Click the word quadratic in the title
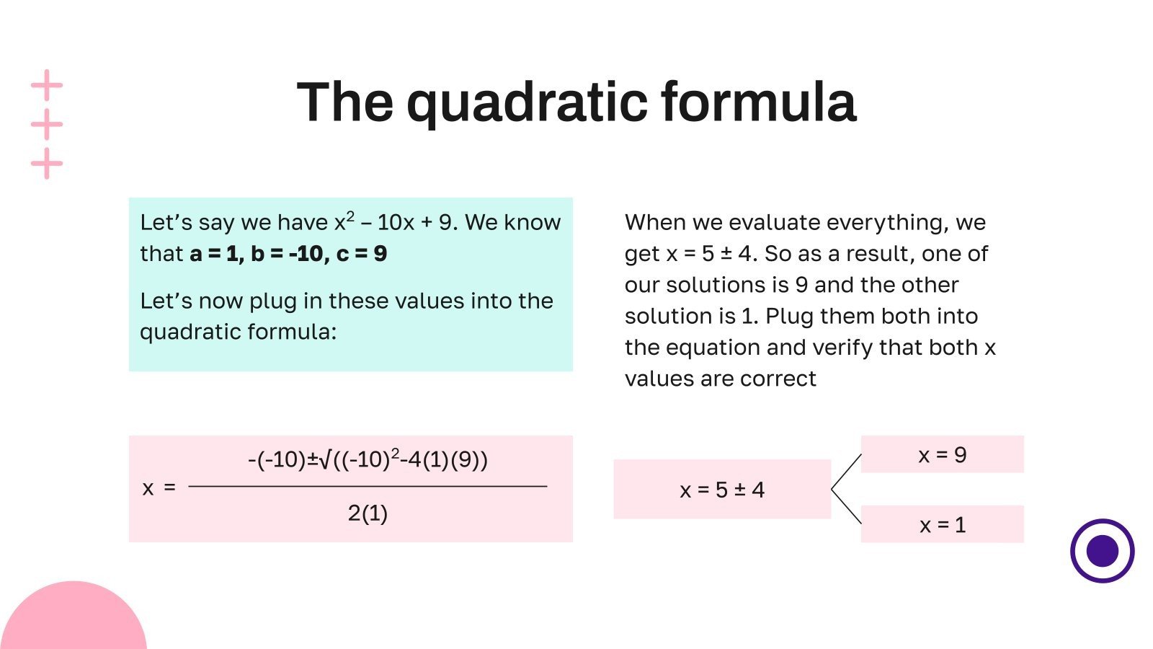pyautogui.click(x=527, y=103)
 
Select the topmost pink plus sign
pyautogui.click(x=47, y=85)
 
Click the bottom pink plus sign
pyautogui.click(x=47, y=164)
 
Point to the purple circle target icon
pyautogui.click(x=1102, y=551)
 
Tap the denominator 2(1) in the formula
pyautogui.click(x=368, y=513)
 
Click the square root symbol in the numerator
pyautogui.click(x=324, y=459)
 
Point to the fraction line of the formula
pyautogui.click(x=368, y=487)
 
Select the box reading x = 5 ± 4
pyautogui.click(x=721, y=490)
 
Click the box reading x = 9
pyautogui.click(x=942, y=454)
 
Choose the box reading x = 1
pyautogui.click(x=942, y=524)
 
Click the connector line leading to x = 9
pyautogui.click(x=847, y=471)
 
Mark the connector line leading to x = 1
pyautogui.click(x=847, y=506)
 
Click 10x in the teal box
pyautogui.click(x=396, y=223)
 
